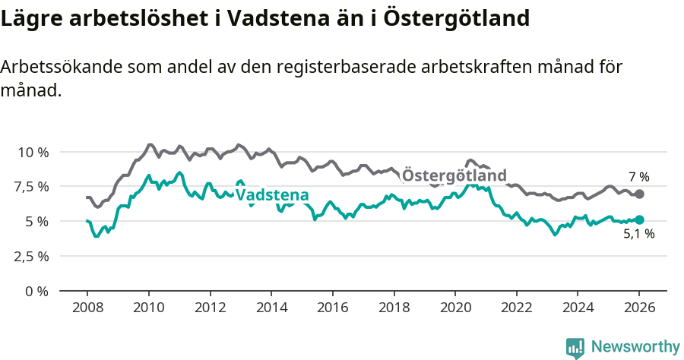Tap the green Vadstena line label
pos(272,195)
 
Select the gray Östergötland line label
pos(454,176)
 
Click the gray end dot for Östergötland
pos(640,194)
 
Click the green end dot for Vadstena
pos(639,219)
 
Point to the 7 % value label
pos(638,177)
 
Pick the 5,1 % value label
pos(638,234)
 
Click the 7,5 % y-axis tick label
pos(32,187)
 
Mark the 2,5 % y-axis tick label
pos(32,256)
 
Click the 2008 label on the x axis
pos(87,308)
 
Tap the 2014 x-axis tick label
pos(271,308)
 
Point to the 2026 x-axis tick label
pos(638,308)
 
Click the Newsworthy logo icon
pos(575,347)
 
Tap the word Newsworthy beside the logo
pos(635,347)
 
